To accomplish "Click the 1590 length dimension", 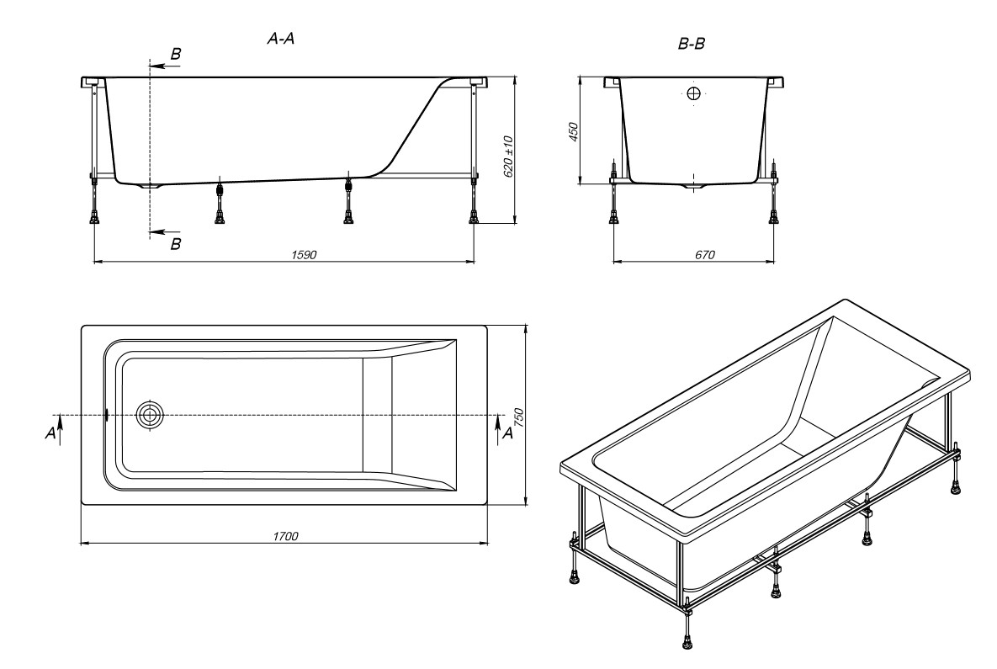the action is click(304, 255).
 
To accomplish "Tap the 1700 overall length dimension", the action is click(285, 536).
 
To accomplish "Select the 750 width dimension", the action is click(518, 417).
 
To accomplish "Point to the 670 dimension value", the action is click(704, 255).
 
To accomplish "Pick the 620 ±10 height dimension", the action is click(508, 156).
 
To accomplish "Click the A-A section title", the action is click(280, 39).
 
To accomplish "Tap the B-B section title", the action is click(691, 44).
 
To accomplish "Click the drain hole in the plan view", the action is click(150, 415).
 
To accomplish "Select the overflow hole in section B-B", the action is click(694, 94).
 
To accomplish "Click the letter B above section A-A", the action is click(176, 54).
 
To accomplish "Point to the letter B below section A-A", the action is click(176, 243).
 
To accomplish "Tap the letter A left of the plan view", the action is click(50, 433).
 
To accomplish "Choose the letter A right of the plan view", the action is click(506, 433).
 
